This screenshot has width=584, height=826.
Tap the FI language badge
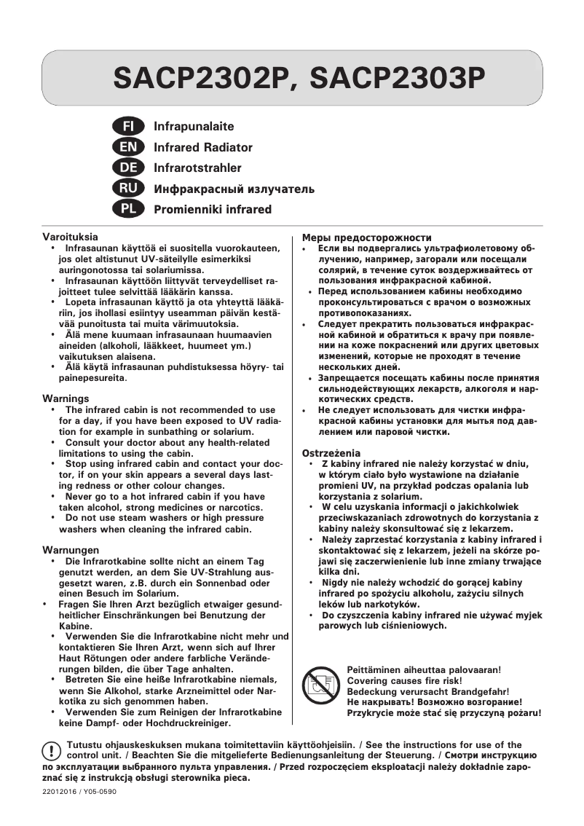pos(128,127)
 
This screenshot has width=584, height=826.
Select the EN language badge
pos(128,148)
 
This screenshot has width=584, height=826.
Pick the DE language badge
pos(128,168)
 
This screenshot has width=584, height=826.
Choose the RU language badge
pos(128,189)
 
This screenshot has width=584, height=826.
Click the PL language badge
pos(128,210)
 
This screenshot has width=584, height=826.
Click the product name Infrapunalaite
pos(194,127)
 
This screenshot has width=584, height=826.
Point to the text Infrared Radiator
pos(203,148)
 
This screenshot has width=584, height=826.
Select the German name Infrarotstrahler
pos(197,168)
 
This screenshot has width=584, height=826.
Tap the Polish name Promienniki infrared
pos(213,210)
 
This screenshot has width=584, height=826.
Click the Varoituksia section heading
pos(70,237)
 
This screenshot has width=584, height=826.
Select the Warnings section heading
pos(66,399)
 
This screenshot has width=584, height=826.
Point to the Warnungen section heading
pos(71,550)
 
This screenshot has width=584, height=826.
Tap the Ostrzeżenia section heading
pos(331,453)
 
